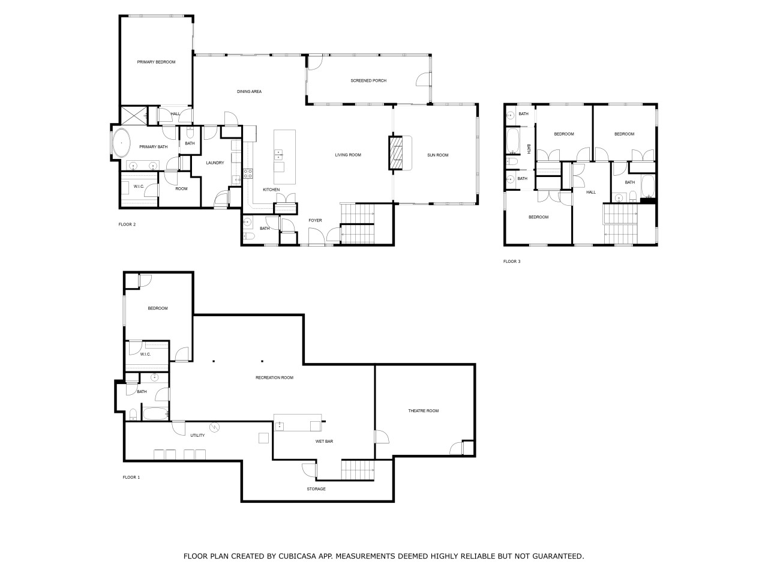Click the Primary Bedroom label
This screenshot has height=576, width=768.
156,62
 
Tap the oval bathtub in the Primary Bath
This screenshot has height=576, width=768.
121,143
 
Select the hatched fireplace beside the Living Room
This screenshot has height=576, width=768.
396,153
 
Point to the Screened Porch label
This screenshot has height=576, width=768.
368,80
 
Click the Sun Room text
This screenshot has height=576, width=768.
438,155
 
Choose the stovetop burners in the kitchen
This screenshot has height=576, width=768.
248,173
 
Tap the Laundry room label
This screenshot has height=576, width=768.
215,163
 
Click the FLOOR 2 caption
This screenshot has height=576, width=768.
127,224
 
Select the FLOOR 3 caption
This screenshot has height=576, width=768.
512,261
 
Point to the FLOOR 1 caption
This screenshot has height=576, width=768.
131,478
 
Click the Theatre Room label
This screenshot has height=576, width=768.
424,410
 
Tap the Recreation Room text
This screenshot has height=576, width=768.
274,378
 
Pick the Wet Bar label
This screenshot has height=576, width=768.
325,442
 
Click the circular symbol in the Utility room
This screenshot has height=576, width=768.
214,427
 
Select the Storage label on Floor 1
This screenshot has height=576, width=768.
316,489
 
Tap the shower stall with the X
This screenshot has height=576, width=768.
134,115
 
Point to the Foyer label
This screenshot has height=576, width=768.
315,220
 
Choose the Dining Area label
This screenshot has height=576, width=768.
249,92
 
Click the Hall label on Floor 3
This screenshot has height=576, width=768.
591,192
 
